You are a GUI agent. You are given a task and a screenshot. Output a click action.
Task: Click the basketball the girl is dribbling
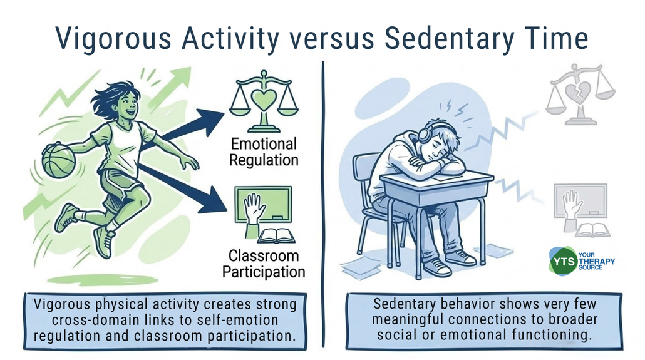(x=59, y=160)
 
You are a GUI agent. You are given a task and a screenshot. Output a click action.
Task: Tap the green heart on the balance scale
(x=263, y=99)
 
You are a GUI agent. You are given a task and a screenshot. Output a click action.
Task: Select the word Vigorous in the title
(x=113, y=39)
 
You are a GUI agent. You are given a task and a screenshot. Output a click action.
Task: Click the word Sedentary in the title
(x=449, y=39)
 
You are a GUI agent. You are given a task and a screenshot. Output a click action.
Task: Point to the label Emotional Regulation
(x=264, y=152)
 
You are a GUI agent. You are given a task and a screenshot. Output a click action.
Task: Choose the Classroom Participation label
(x=264, y=264)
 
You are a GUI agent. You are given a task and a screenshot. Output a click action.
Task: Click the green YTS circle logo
(x=563, y=261)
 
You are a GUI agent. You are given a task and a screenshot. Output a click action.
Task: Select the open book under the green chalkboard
(x=276, y=236)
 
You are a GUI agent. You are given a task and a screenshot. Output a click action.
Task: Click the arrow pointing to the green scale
(x=183, y=128)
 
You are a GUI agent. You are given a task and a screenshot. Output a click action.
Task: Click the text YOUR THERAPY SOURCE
(x=596, y=261)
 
